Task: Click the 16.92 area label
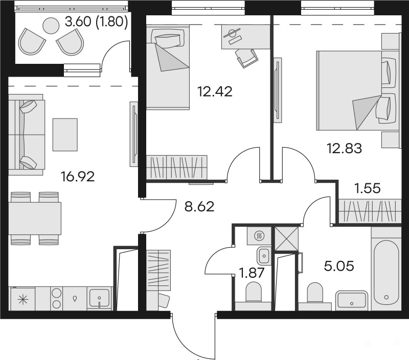pos(77,177)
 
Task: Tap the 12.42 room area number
pos(215,92)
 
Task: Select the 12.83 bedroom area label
pos(344,149)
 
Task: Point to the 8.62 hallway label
pos(199,207)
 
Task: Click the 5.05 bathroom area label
pos(339,266)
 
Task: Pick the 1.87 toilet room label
pos(252,274)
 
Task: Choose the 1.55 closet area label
pos(368,188)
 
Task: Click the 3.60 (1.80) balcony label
pos(97,22)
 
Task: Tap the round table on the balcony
pos(51,26)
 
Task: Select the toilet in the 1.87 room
pos(254,292)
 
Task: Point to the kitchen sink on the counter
pos(99,298)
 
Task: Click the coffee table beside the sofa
pos(65,135)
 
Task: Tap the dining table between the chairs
pos(35,219)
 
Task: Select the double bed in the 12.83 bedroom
pos(358,90)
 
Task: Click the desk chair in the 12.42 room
pos(246,58)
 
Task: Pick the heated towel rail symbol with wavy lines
pos(260,236)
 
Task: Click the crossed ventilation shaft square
pos(287,238)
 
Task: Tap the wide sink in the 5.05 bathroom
pos(352,300)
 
